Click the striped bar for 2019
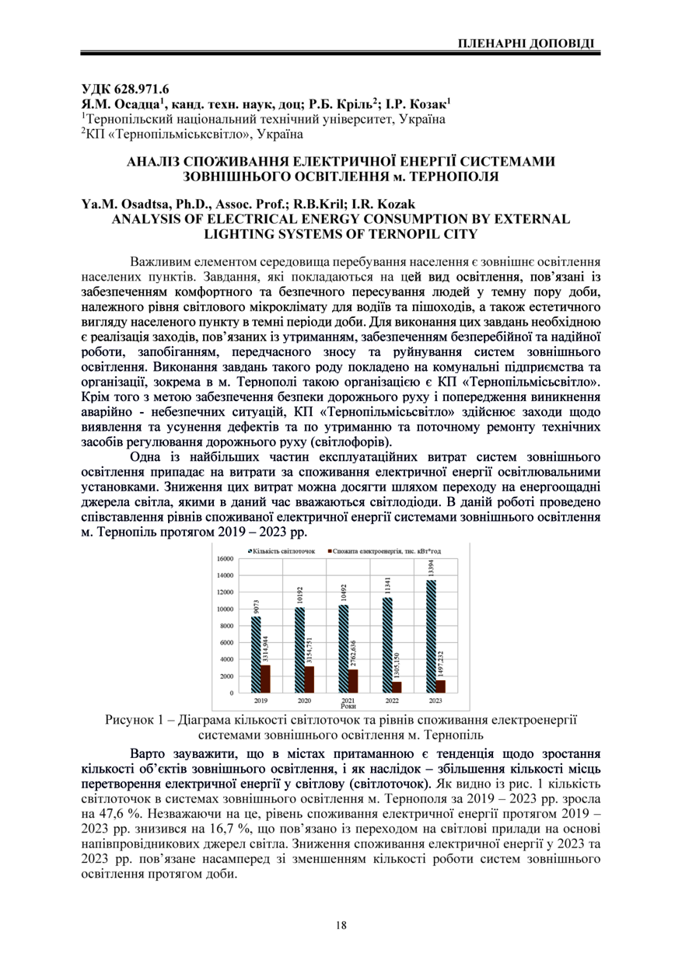coord(256,654)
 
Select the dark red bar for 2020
coord(309,679)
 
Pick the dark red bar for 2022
coord(396,686)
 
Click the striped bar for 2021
coord(342,648)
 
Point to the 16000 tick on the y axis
coord(224,559)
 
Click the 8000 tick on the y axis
coord(226,626)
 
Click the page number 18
coord(341,924)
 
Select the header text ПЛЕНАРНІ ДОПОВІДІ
coord(528,41)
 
